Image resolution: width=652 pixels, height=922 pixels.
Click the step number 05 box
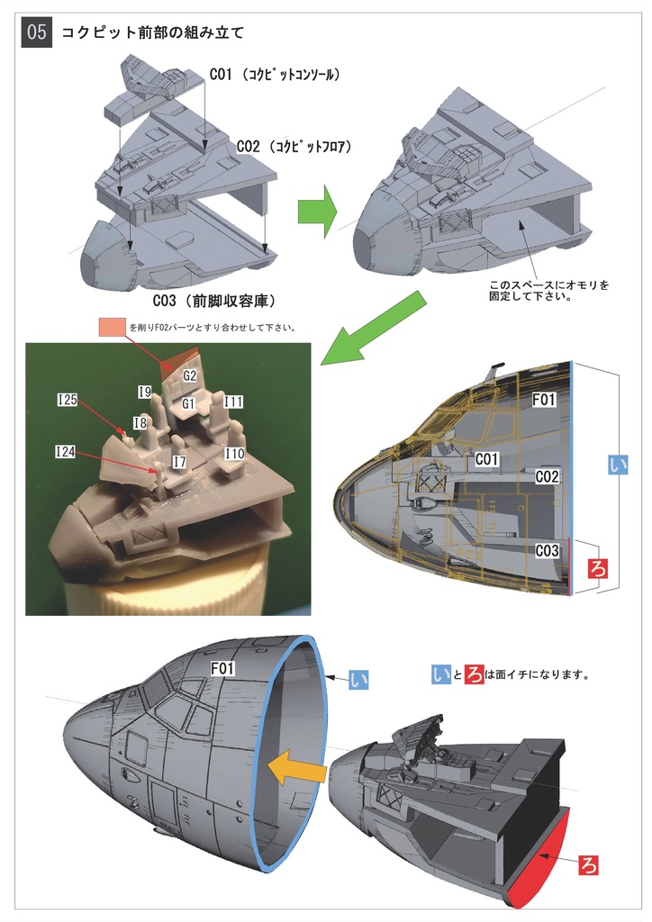point(37,33)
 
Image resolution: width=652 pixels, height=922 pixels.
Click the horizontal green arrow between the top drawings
point(316,213)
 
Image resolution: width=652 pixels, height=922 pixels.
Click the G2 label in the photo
point(190,375)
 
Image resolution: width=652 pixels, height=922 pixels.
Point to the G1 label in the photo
point(189,404)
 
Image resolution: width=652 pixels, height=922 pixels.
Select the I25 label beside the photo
point(67,400)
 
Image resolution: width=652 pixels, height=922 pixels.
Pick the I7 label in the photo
point(178,460)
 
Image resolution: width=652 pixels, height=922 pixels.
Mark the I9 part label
point(145,392)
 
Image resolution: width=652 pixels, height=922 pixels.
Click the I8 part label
point(140,422)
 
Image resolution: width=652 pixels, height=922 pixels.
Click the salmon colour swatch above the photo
point(113,327)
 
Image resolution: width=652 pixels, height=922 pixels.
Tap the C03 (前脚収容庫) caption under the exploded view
point(213,300)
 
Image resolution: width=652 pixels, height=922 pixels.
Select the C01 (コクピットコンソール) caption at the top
point(274,75)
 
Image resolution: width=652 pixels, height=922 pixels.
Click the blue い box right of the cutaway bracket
point(617,464)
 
